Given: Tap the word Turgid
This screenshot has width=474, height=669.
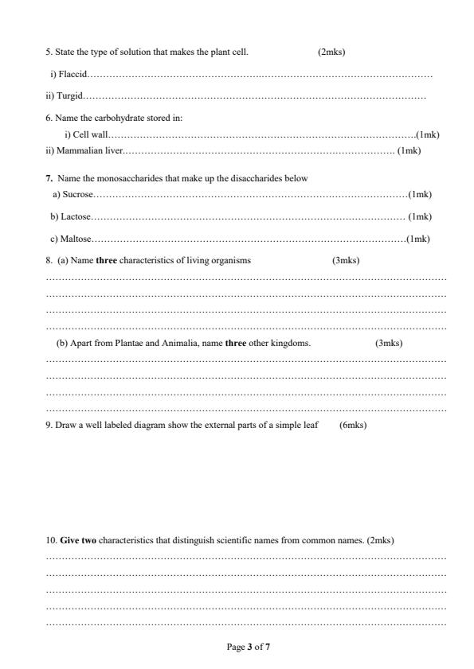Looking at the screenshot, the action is pos(69,96).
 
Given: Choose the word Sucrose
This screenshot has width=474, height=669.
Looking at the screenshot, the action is pos(78,194).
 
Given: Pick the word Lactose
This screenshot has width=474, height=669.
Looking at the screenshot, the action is pos(76,216).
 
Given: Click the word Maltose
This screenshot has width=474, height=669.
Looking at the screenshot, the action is pos(77,239).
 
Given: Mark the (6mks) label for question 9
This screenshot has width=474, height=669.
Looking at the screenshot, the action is pos(352,425).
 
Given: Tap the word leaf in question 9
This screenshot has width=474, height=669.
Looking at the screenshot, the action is pos(311,425).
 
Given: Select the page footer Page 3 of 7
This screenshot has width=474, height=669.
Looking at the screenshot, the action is pos(249,648).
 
